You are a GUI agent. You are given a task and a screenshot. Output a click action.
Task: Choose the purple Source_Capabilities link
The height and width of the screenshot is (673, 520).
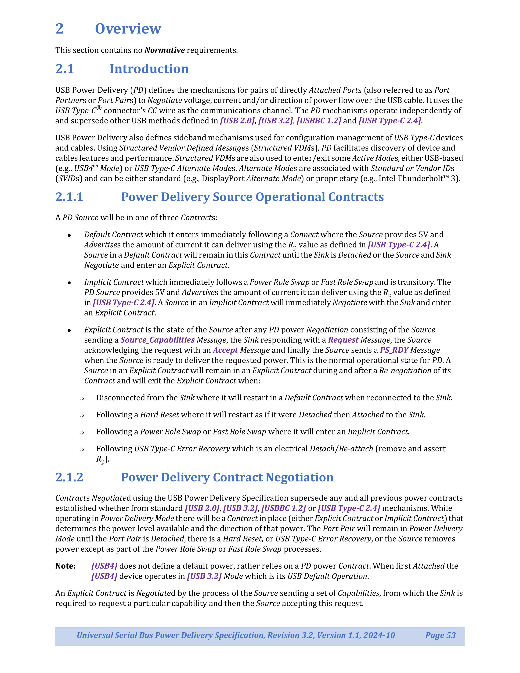[x=157, y=340]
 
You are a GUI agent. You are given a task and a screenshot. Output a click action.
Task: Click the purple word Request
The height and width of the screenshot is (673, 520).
[x=343, y=340]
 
